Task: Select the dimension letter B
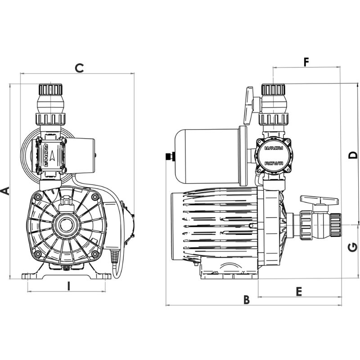[246, 299]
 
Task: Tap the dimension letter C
[79, 68]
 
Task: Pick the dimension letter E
[299, 291]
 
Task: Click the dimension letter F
[306, 62]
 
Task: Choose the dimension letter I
[69, 285]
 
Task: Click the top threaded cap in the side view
[273, 89]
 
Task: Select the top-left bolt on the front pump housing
[38, 197]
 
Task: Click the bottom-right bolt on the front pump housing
[94, 254]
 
